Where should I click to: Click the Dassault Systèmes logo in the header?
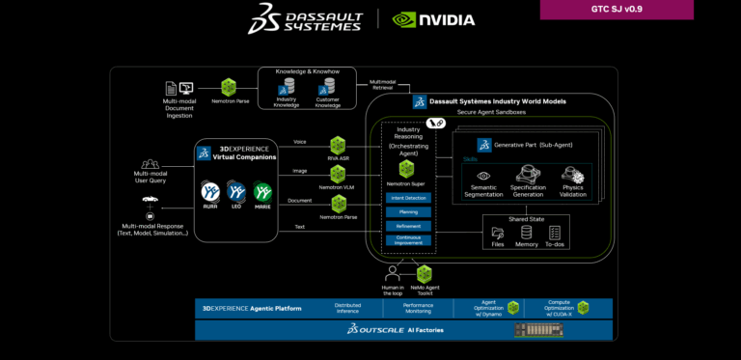(x=306, y=17)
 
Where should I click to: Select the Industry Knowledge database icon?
(x=287, y=87)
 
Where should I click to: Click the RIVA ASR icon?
(x=339, y=145)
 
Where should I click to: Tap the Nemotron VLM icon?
(x=339, y=174)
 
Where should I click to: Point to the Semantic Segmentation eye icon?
(x=483, y=176)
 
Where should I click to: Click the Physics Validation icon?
(x=572, y=175)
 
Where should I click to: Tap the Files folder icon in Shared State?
(x=497, y=232)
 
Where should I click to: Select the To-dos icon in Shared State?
(x=554, y=232)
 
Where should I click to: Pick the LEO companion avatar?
(x=236, y=192)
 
